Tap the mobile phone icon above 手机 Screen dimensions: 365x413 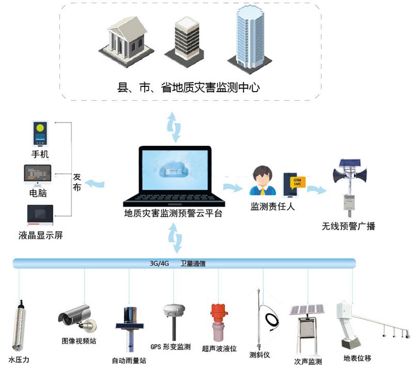(x=40, y=133)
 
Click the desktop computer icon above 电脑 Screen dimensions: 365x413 (x=38, y=176)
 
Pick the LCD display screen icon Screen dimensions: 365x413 (x=40, y=216)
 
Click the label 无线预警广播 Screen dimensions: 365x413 (x=348, y=226)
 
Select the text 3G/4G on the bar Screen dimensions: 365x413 (x=160, y=263)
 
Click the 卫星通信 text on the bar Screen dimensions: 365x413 (x=193, y=263)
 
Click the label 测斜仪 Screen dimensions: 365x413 (x=259, y=355)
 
